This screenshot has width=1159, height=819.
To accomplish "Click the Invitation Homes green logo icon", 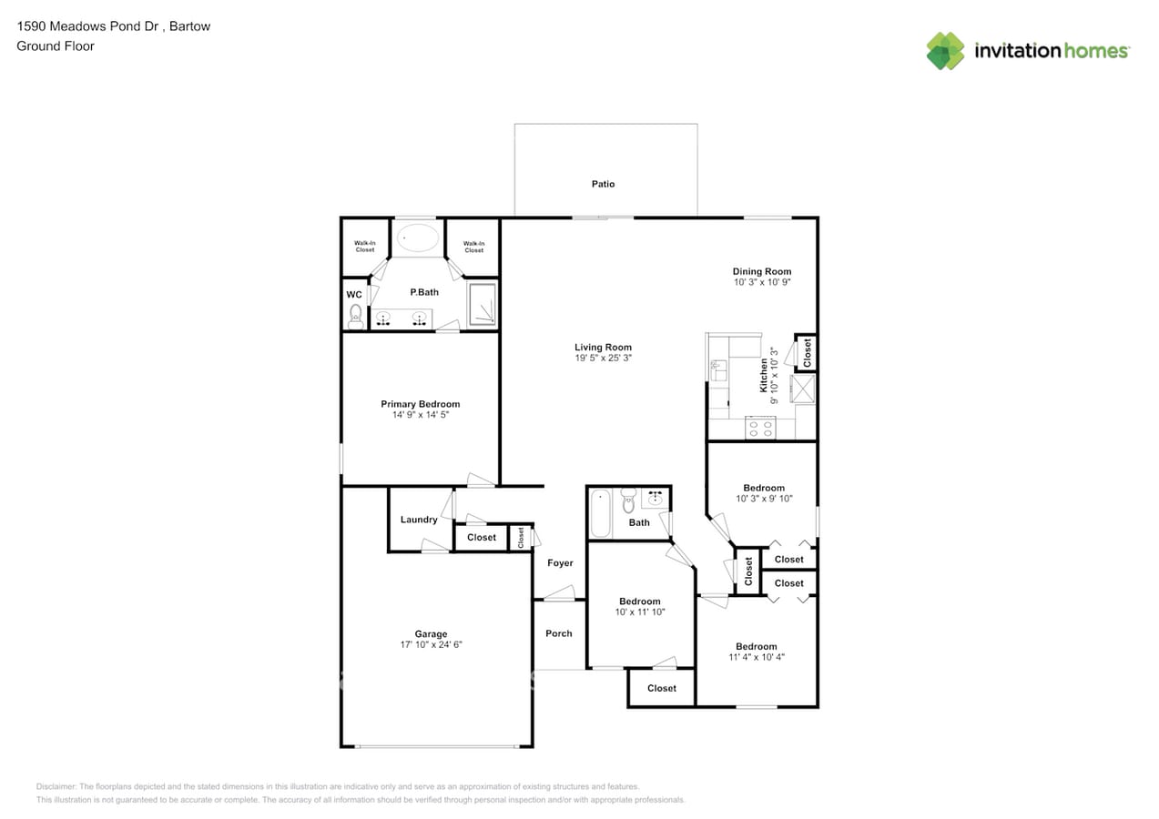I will [x=945, y=51].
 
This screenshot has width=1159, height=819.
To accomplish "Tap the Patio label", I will [x=603, y=184].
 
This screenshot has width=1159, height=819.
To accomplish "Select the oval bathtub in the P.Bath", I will [x=418, y=238].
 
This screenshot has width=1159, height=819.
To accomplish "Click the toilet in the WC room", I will [x=355, y=315].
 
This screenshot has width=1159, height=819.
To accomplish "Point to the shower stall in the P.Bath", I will [x=482, y=304].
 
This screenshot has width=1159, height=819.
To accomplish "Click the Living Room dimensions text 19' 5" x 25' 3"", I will [x=603, y=359].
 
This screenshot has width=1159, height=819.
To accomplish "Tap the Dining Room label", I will [x=762, y=271].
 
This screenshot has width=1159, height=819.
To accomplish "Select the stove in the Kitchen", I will [x=759, y=427].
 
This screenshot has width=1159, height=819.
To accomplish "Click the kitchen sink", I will [x=717, y=369].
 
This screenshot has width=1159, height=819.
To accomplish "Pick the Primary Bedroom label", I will [x=420, y=404].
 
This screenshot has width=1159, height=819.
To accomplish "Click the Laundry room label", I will [x=419, y=520].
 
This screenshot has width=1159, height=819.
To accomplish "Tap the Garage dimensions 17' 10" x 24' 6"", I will [x=432, y=644].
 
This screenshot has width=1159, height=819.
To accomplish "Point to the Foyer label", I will [x=560, y=563].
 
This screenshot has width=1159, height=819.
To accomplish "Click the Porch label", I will [x=559, y=633].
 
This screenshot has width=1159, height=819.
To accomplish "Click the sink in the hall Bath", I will [x=656, y=498].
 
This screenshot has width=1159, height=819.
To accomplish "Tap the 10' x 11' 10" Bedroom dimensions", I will [x=640, y=612].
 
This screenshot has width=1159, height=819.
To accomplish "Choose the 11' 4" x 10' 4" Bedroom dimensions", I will [x=757, y=657].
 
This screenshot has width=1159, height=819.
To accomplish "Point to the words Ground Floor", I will [x=56, y=45].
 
